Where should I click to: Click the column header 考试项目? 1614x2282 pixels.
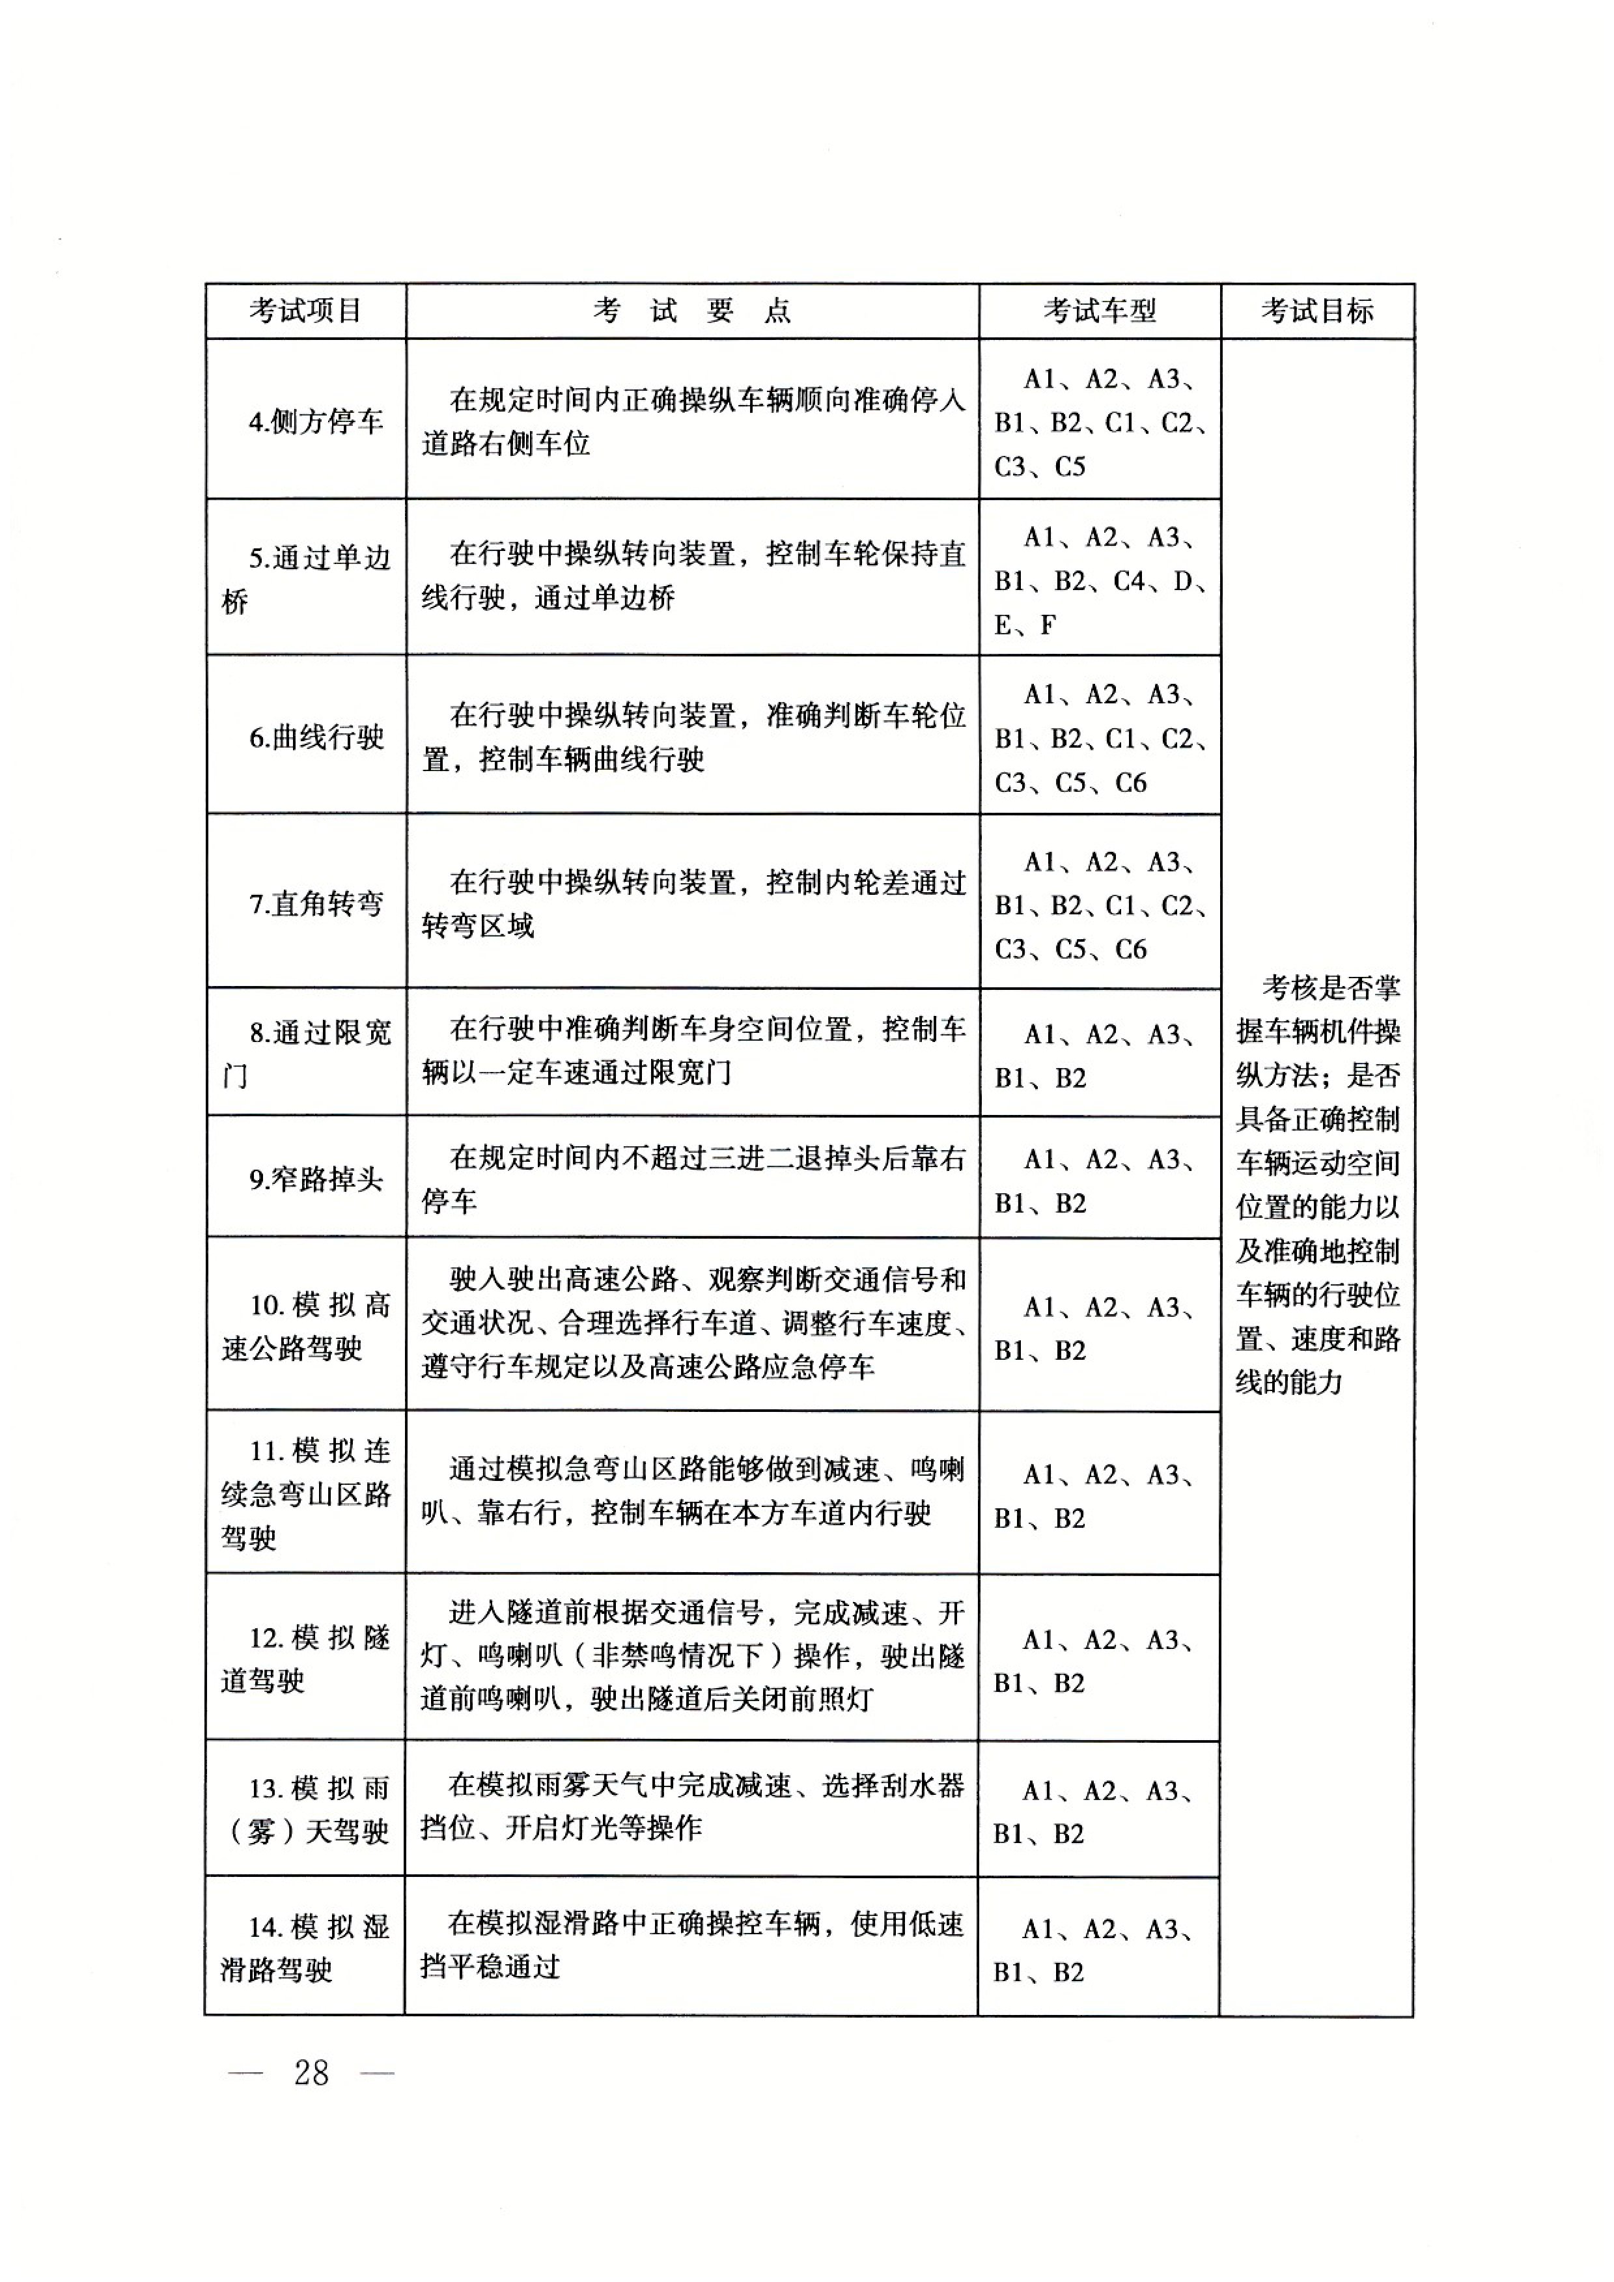305,311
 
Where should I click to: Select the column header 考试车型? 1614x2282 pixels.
1099,311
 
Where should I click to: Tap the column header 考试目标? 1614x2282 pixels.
1317,311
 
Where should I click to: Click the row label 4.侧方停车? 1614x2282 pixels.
316,421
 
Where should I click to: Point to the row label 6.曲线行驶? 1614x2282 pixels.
316,737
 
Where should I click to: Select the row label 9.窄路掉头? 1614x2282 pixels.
316,1180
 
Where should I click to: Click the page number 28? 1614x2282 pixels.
311,2072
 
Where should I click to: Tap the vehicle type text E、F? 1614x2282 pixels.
1025,625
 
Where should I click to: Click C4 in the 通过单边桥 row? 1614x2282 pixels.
1131,582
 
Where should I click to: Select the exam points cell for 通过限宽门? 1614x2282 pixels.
693,1052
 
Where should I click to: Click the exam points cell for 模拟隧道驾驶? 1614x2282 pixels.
693,1656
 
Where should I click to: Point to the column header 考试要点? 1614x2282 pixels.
693,311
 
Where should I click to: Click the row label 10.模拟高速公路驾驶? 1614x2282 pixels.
305,1327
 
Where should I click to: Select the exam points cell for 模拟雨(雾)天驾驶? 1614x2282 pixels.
693,1807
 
